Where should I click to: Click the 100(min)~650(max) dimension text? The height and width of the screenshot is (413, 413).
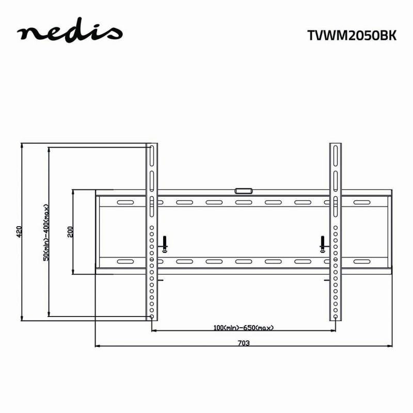(244, 327)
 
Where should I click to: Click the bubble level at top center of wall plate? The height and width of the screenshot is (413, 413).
(243, 190)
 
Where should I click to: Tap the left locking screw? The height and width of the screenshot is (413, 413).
(165, 244)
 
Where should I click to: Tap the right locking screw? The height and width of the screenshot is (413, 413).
(322, 244)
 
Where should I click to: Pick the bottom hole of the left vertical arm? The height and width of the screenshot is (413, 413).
(152, 316)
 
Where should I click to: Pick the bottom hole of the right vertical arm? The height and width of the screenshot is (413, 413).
(336, 316)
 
